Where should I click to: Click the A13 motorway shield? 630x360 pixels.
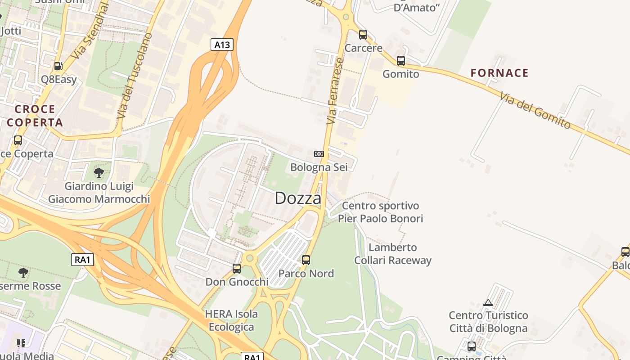click(222, 45)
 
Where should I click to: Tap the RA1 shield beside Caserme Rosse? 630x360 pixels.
click(82, 260)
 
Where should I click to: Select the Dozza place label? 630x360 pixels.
click(298, 198)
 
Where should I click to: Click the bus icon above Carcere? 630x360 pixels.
click(363, 34)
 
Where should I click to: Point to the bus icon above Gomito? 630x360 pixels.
click(400, 60)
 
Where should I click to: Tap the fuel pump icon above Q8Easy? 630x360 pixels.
click(58, 66)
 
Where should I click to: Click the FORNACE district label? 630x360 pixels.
click(499, 73)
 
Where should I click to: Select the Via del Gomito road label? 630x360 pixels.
click(535, 110)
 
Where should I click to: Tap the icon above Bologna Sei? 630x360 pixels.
click(319, 154)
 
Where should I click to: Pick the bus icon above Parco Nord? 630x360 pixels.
click(306, 260)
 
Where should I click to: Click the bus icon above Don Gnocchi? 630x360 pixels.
click(237, 269)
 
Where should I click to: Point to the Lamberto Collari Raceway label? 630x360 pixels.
click(393, 254)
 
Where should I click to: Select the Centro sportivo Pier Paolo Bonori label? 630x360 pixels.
click(380, 212)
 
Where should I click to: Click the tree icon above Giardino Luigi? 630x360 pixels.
click(99, 172)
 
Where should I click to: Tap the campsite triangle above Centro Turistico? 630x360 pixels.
click(488, 303)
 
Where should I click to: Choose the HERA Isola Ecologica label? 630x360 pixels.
click(231, 320)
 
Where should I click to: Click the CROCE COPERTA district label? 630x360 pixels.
click(35, 116)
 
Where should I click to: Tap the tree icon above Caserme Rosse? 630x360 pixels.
click(23, 272)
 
